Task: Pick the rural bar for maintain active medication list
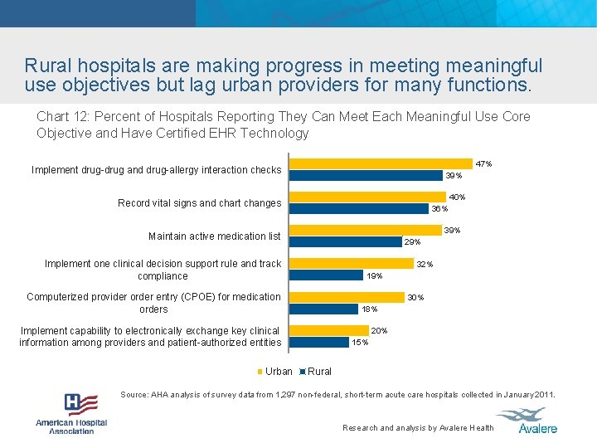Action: click(x=344, y=241)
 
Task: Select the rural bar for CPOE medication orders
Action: click(x=323, y=309)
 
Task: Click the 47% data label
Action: click(x=483, y=164)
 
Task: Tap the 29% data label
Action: click(x=412, y=242)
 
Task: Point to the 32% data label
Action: click(x=425, y=264)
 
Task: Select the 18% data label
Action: click(x=369, y=309)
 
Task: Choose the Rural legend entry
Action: click(x=315, y=372)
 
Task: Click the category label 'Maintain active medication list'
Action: click(x=214, y=236)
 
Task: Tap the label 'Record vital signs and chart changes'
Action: click(x=199, y=203)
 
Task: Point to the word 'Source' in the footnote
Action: click(x=134, y=395)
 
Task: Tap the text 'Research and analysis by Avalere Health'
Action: click(x=418, y=428)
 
